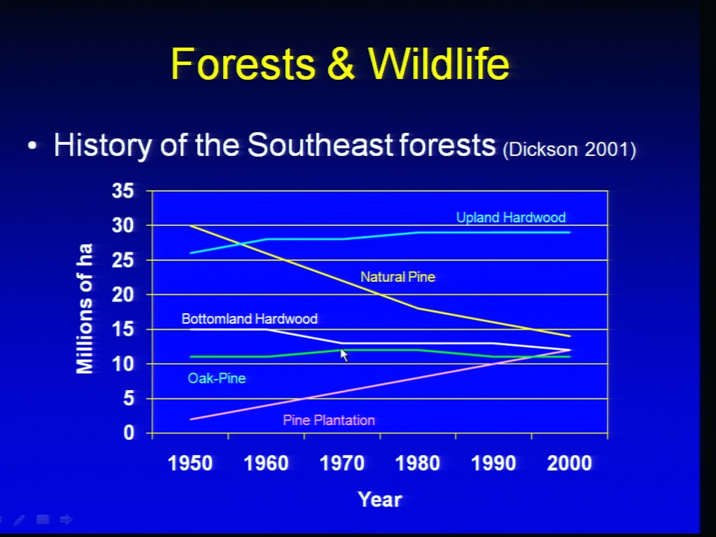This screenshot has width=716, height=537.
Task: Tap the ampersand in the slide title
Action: click(341, 63)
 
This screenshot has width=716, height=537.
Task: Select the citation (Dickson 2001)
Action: click(569, 149)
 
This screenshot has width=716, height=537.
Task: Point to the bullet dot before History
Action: click(31, 146)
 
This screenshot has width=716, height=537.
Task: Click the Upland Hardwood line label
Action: click(511, 217)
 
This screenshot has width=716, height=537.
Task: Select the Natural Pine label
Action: click(398, 277)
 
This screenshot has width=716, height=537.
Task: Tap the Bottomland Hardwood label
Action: click(249, 318)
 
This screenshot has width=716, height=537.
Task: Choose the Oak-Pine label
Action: click(216, 378)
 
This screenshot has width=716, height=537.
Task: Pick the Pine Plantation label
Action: click(329, 420)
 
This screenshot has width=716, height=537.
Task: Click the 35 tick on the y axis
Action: click(123, 190)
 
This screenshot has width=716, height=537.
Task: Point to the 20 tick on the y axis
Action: click(123, 295)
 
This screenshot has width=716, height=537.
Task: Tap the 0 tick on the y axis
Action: click(128, 433)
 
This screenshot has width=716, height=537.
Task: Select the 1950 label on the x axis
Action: click(190, 463)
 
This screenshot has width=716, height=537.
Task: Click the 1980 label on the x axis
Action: click(418, 463)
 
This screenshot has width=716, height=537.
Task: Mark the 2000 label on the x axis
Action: click(569, 463)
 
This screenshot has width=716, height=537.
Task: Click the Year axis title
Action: click(380, 499)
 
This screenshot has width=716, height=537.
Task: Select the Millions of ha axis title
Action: click(84, 309)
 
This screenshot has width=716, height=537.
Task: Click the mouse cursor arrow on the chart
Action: click(345, 355)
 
